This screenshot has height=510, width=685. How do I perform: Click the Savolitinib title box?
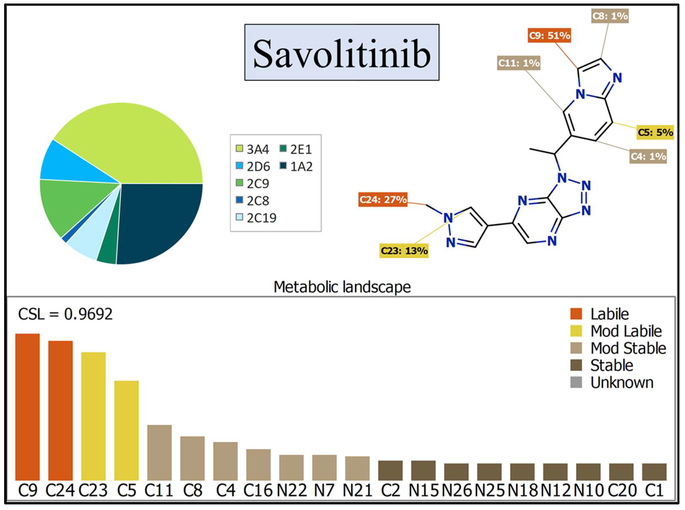pos(342,53)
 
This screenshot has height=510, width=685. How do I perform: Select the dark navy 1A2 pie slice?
pos(157,222)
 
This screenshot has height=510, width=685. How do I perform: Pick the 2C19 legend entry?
pos(256,218)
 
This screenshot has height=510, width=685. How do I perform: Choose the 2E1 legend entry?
pos(296,149)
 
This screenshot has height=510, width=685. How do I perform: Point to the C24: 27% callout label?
pos(383,200)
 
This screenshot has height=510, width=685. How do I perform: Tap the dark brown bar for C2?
pos(390,471)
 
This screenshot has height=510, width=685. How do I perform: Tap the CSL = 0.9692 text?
pos(65,314)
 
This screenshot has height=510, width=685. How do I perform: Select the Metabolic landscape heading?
pos(342,287)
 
